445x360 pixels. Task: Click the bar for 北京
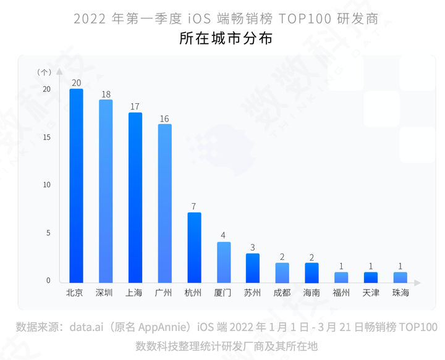tap(76, 185)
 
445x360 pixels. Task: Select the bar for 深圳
tap(106, 191)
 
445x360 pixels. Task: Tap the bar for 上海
tap(135, 197)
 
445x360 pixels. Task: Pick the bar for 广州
tap(164, 203)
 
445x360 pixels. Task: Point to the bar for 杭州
tap(194, 247)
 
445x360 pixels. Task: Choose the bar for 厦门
tap(224, 262)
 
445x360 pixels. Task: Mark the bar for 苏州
tap(253, 267)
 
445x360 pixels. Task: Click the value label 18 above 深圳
tap(106, 94)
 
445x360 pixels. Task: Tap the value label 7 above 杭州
tap(194, 207)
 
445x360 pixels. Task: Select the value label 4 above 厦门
tap(224, 236)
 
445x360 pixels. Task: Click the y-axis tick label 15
tap(47, 137)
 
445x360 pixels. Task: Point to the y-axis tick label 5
tap(48, 233)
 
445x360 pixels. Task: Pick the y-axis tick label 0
tap(48, 281)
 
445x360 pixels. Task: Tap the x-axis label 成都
tap(282, 293)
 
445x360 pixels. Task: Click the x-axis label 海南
tap(311, 293)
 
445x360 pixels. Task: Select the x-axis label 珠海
tap(400, 293)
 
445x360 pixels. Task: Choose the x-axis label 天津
tap(371, 293)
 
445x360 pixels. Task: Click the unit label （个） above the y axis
tap(44, 72)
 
